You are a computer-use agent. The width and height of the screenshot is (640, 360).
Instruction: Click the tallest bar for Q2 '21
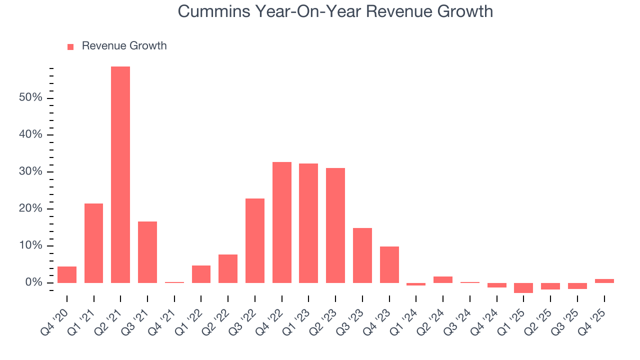point(120,174)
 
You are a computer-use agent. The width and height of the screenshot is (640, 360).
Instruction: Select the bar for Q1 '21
point(93,243)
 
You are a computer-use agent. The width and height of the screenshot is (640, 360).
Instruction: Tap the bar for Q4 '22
point(282,222)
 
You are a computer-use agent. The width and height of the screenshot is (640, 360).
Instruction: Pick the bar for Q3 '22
point(255,240)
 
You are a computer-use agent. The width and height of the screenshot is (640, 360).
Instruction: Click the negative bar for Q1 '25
point(523,288)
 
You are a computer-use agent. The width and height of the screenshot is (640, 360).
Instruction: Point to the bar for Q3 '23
point(362,255)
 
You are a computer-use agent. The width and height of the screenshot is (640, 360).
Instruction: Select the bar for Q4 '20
point(67,274)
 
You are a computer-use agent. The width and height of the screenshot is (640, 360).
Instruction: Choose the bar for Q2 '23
point(335,225)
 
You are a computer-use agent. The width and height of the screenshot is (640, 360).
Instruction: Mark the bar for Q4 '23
point(389,264)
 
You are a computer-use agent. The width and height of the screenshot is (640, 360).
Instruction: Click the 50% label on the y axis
point(30,98)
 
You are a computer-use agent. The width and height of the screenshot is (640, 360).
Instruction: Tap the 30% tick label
point(30,172)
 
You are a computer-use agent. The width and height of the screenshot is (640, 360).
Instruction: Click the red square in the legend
point(70,47)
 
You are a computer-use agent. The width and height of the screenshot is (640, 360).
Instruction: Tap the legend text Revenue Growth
point(124,46)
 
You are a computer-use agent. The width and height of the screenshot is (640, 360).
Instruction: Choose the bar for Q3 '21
point(147,252)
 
